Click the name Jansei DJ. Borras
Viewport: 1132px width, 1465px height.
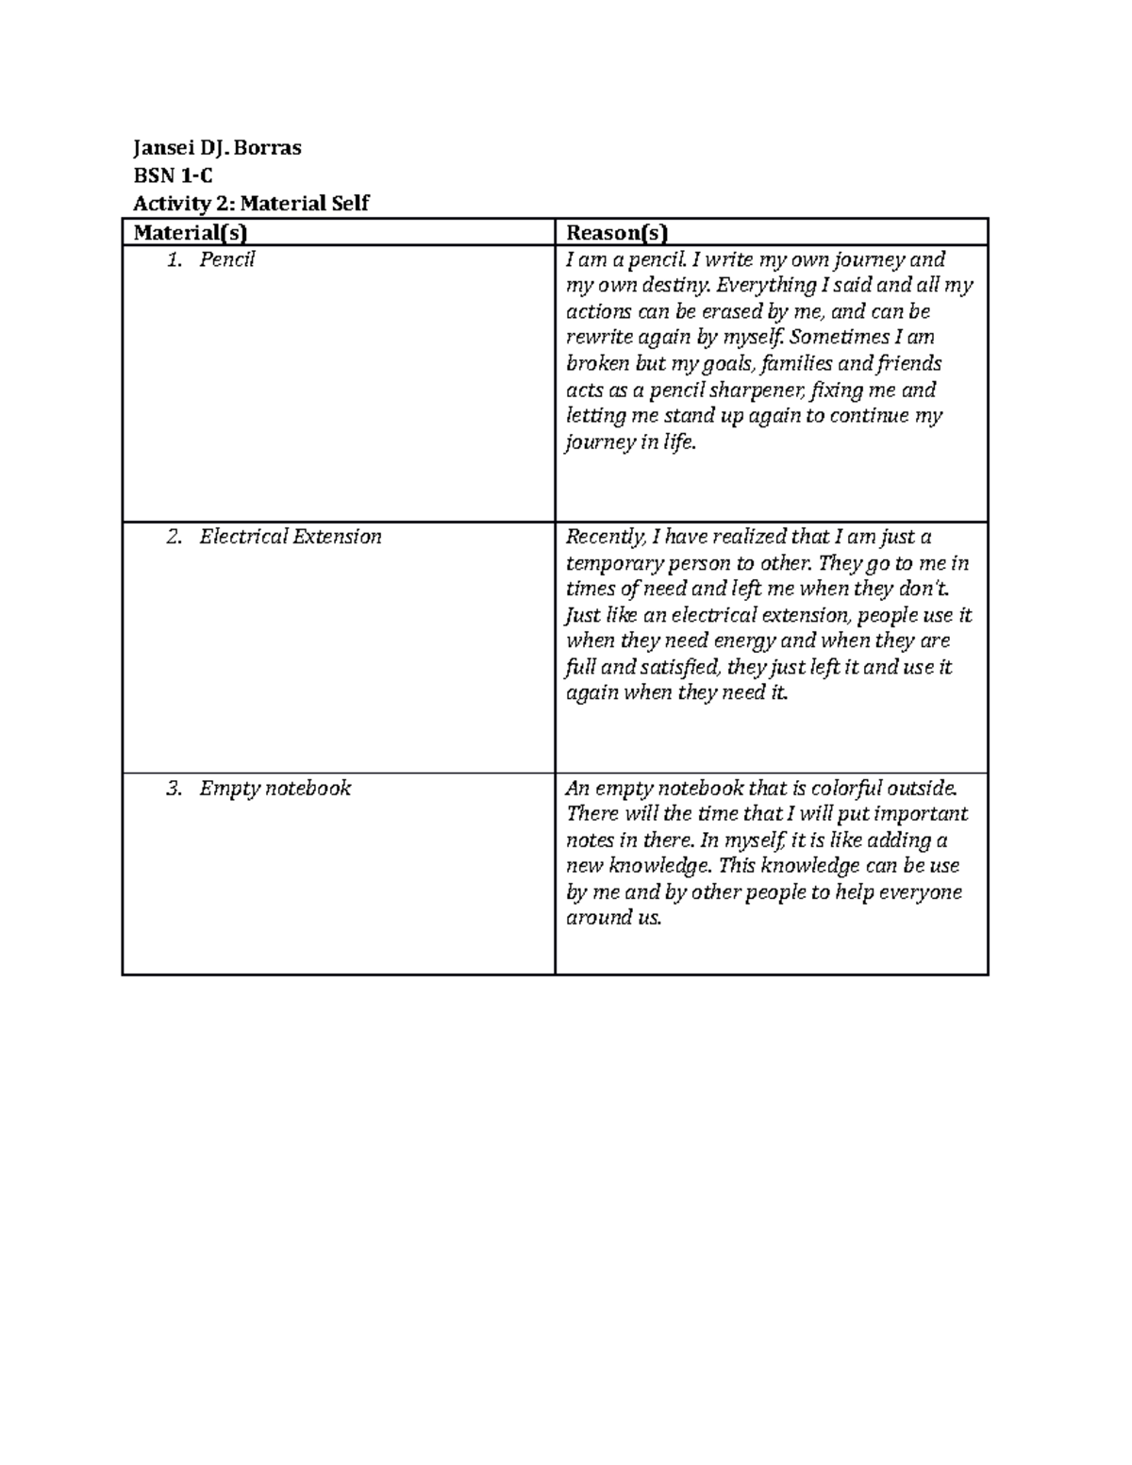[x=217, y=148]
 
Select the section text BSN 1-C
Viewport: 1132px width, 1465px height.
[x=173, y=175]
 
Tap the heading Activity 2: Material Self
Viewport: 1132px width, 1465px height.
[x=251, y=203]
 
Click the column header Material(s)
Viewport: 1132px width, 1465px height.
[x=191, y=232]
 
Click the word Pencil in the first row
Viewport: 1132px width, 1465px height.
[x=226, y=259]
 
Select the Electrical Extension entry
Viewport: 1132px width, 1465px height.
[x=290, y=537]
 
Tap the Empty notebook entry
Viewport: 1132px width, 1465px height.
[x=275, y=789]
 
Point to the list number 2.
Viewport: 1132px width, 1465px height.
[x=174, y=537]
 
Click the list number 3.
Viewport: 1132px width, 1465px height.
[x=174, y=789]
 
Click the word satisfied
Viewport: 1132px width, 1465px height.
[x=678, y=667]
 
